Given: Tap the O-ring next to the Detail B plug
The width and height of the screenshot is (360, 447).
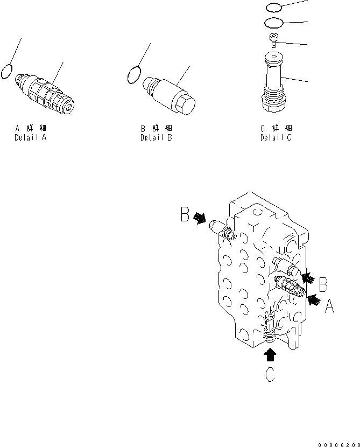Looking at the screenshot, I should pos(134,75).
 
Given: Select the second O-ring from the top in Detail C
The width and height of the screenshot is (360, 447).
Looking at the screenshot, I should pos(274,23).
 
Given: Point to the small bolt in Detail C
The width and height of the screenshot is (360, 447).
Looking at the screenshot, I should pos(274,39).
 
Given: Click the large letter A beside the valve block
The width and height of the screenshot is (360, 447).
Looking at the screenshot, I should pos(329,306).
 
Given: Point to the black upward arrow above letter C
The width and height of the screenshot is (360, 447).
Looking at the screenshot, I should pos(271,354).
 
